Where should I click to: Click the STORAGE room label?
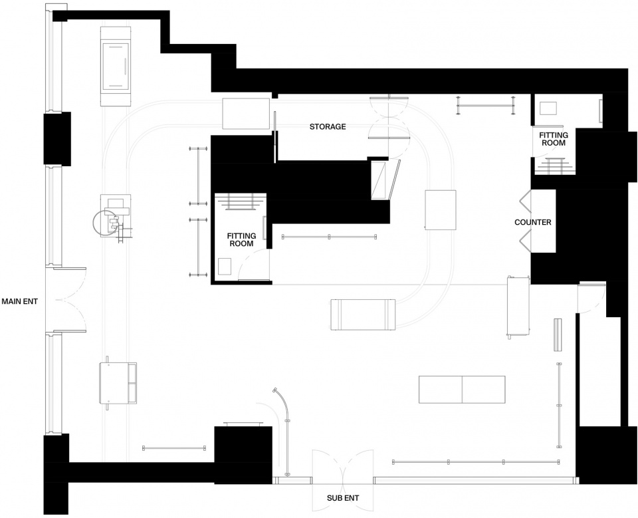click(328, 126)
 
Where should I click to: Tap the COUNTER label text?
click(532, 222)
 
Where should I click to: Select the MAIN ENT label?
click(19, 301)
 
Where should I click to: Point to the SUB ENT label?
click(343, 497)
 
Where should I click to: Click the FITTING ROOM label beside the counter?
click(554, 139)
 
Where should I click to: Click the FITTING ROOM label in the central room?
click(242, 239)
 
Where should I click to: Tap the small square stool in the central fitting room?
click(225, 266)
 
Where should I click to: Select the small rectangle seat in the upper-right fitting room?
click(548, 108)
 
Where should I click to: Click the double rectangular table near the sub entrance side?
click(462, 389)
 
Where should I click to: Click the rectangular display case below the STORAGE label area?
click(363, 315)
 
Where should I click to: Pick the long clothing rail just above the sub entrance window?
click(476, 461)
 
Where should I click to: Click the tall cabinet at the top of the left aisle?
click(116, 66)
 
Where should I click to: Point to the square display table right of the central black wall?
click(440, 209)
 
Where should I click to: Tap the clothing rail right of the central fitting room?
click(329, 236)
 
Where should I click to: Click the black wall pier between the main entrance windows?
click(57, 138)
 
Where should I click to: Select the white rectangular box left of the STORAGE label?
click(246, 114)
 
